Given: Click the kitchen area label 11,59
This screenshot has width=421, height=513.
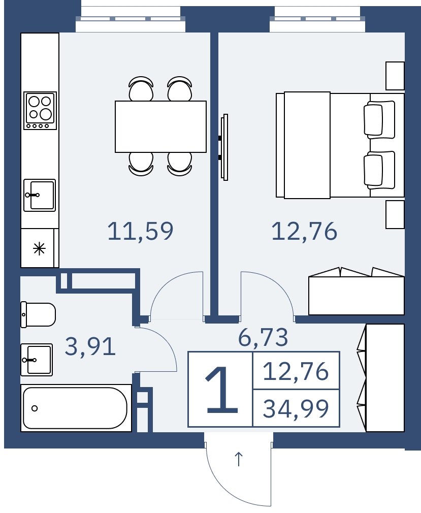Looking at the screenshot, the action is pyautogui.click(x=140, y=231).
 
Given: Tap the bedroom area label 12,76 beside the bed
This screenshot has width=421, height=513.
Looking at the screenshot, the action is pyautogui.click(x=304, y=231).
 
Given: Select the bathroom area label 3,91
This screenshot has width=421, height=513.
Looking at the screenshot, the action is pyautogui.click(x=90, y=346).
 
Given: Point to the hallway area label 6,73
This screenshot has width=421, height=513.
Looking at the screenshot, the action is pyautogui.click(x=263, y=337).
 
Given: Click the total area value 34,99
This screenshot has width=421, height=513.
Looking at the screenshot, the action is pyautogui.click(x=296, y=409).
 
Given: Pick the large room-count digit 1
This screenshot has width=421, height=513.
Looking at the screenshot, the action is pyautogui.click(x=221, y=390).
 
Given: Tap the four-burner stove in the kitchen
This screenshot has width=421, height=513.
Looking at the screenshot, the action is pyautogui.click(x=40, y=111).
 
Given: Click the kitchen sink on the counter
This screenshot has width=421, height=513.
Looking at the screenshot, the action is pyautogui.click(x=40, y=196).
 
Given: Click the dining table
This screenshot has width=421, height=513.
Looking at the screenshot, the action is pyautogui.click(x=160, y=126).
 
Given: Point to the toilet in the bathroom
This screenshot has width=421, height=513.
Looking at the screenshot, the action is pyautogui.click(x=38, y=314).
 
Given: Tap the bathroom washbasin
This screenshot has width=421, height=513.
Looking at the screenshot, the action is pyautogui.click(x=37, y=360).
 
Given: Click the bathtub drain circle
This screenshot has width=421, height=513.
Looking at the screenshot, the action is pyautogui.click(x=35, y=408).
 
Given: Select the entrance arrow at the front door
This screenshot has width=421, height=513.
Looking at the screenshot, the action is pyautogui.click(x=239, y=459).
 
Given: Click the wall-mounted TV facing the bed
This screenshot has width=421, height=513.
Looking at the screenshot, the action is pyautogui.click(x=223, y=147).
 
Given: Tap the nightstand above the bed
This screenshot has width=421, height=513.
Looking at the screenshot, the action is pyautogui.click(x=395, y=76).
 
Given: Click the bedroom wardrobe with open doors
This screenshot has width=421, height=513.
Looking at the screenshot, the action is pyautogui.click(x=356, y=291).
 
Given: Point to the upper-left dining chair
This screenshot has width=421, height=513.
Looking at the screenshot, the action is pyautogui.click(x=141, y=88).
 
